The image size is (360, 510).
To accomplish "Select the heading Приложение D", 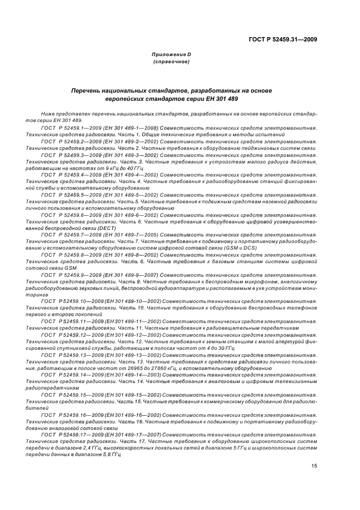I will (x=171, y=55).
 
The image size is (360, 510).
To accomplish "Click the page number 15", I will (x=314, y=465).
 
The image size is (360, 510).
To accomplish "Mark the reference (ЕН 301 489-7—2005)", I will (x=131, y=235).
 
